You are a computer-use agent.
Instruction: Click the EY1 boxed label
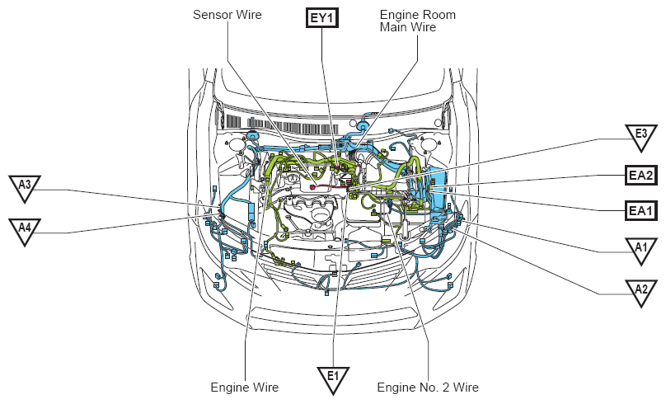tap(322, 18)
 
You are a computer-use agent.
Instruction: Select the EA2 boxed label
tap(641, 175)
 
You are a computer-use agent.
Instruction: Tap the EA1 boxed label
tap(641, 210)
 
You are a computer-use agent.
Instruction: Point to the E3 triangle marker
tap(641, 138)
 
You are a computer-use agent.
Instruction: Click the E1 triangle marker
tap(333, 379)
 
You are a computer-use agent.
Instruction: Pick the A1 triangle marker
tap(641, 251)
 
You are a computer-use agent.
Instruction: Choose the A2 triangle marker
tap(641, 293)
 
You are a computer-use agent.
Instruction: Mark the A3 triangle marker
tap(25, 188)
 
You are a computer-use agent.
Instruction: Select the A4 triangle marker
tap(25, 231)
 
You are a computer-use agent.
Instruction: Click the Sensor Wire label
tap(227, 15)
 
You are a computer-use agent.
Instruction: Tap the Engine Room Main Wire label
tap(418, 21)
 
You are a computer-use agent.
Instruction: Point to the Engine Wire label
tap(245, 388)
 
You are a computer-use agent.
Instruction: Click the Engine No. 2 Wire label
tap(428, 388)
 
